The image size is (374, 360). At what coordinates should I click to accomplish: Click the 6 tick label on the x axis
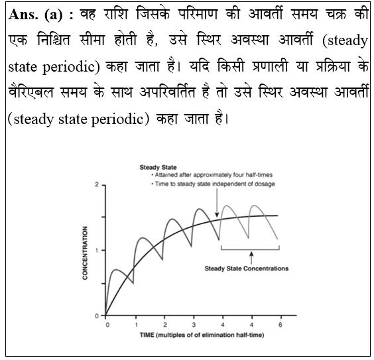tap(280, 326)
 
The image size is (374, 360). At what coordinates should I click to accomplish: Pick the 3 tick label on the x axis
tap(194, 326)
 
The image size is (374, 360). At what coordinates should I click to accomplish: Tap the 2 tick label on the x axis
tap(164, 326)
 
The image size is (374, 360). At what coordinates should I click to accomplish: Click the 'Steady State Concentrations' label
tap(246, 269)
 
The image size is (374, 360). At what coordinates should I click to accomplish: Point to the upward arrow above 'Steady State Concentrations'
tap(251, 257)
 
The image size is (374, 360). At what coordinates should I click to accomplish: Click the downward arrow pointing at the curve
tap(216, 206)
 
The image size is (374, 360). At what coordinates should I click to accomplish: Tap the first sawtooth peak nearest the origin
tap(115, 270)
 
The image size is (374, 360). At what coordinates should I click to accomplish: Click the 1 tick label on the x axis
tap(135, 326)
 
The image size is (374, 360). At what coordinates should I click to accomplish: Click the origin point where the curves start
tap(106, 316)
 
